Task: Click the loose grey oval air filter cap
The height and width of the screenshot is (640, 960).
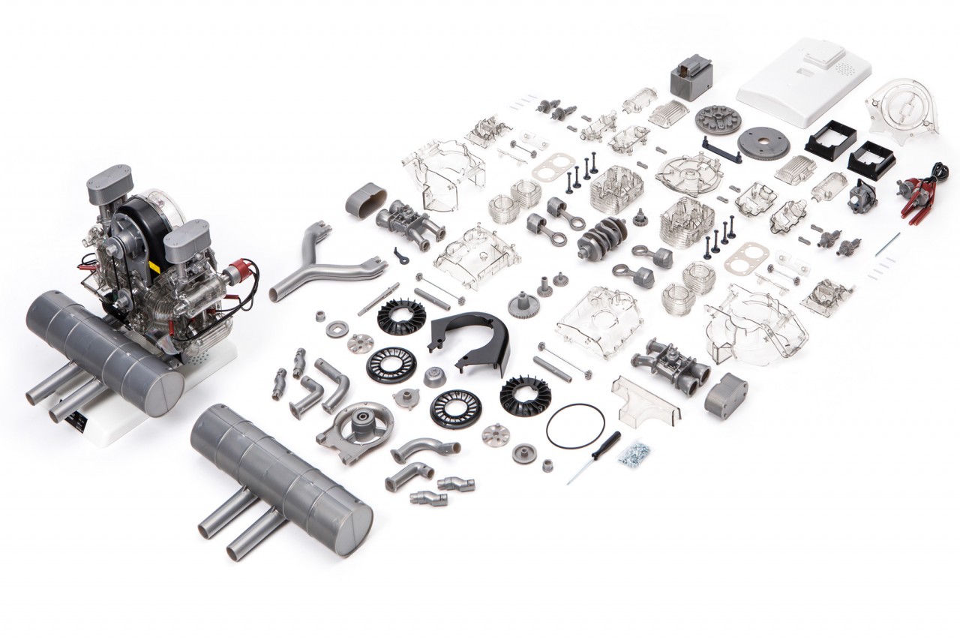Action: click(x=365, y=200)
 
